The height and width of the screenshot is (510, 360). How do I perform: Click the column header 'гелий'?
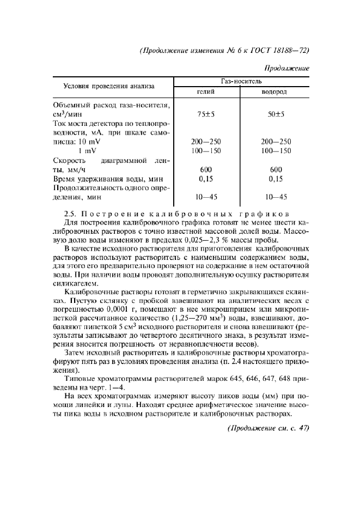205,92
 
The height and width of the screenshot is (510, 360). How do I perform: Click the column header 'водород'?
274,92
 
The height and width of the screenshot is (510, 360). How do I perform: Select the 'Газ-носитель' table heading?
241,80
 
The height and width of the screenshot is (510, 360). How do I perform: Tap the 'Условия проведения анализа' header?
109,86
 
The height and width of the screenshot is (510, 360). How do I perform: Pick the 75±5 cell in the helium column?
205,114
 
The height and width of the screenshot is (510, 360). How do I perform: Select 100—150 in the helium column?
205,150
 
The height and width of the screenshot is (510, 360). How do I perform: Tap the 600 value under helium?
205,169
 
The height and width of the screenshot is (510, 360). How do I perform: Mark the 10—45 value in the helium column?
205,197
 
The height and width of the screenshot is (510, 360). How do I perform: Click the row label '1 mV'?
87,150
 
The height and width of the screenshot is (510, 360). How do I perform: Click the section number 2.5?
71,214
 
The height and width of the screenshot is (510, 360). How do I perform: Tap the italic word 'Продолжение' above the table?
286,68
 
